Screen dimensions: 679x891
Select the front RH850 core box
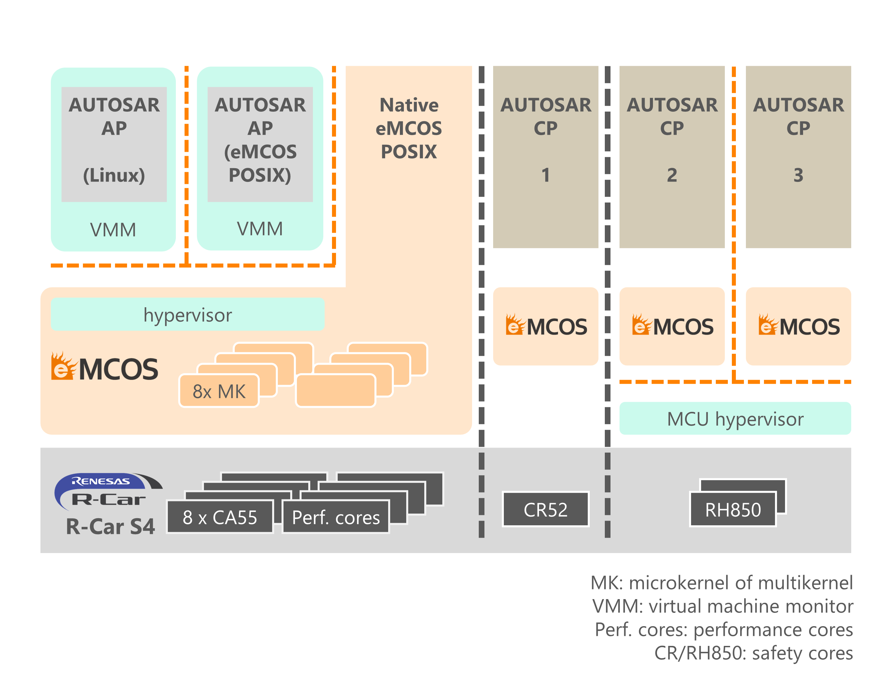[732, 509]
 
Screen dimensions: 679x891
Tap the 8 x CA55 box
[219, 517]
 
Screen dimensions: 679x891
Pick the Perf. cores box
[335, 517]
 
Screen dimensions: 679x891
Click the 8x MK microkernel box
[219, 391]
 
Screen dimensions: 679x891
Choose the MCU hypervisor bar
[735, 418]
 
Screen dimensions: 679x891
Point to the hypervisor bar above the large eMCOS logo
[188, 315]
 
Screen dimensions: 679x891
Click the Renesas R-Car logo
[107, 491]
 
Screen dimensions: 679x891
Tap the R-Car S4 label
[110, 527]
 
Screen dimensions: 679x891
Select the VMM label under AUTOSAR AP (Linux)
[113, 230]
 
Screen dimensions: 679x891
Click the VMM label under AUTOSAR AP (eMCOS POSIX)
[259, 228]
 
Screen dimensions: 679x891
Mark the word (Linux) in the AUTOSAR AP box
[114, 175]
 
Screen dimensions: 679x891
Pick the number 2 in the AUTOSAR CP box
[672, 175]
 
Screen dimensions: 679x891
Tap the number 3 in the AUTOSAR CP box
[798, 175]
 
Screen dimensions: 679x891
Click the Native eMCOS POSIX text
[409, 128]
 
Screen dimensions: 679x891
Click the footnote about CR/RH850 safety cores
[753, 653]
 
